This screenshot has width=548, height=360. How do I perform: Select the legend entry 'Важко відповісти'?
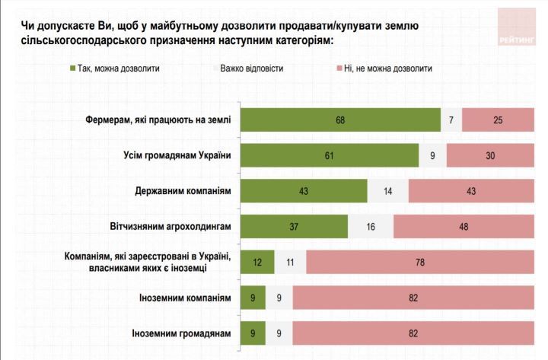coord(251,68)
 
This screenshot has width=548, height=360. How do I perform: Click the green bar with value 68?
coord(340,121)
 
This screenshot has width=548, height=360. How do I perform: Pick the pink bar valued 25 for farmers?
coord(498,121)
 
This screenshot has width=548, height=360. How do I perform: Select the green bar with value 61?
coord(330,156)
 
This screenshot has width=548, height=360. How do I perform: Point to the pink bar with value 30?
coord(490,156)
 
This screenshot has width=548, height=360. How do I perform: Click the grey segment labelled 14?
coord(387,191)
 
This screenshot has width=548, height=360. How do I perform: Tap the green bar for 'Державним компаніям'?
coord(304,191)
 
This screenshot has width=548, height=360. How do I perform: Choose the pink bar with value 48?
coord(464,226)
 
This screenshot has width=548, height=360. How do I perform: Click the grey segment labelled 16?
coord(371,226)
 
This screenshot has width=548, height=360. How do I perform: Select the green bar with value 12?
coord(257,261)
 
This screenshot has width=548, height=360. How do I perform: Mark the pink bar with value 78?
coord(420,261)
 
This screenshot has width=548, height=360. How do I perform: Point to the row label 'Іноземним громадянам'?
coord(182,333)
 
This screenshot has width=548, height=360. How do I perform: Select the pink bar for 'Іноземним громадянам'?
coord(413,333)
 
